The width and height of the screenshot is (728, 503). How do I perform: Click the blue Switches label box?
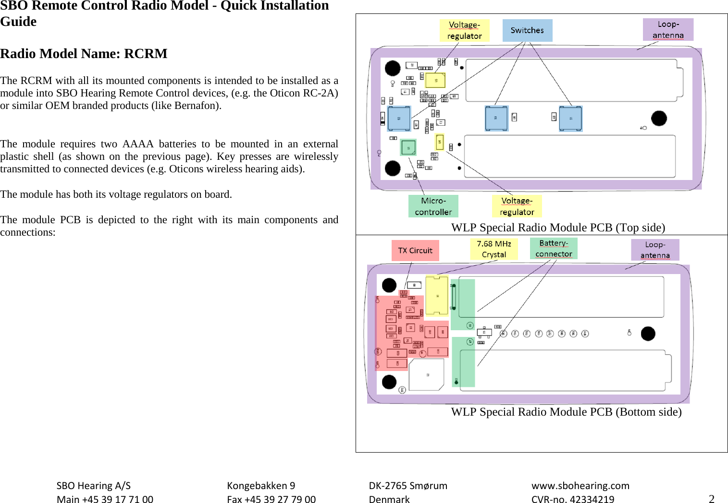527,30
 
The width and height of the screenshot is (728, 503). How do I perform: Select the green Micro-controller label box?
433,206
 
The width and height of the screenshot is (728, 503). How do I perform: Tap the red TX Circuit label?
415,251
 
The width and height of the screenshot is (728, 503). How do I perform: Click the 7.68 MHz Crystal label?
494,249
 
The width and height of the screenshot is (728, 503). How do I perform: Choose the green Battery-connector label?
554,249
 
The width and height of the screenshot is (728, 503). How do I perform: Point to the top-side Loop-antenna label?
668,30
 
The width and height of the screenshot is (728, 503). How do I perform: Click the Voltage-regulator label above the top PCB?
464,30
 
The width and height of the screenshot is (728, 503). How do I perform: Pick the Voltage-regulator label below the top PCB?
517,206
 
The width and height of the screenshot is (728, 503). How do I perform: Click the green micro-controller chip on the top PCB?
408,148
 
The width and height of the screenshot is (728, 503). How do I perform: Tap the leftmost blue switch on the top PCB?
399,119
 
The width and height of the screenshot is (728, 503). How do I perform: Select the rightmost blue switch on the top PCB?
570,119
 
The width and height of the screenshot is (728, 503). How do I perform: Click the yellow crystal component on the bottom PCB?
437,296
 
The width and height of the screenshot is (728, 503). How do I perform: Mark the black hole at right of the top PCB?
659,118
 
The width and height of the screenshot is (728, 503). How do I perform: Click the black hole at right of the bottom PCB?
648,333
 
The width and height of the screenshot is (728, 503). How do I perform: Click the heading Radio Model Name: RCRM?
84,54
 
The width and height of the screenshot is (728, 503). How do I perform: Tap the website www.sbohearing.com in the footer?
580,486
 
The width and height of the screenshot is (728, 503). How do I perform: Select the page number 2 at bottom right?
712,499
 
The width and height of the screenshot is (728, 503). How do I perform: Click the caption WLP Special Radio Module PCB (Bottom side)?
566,412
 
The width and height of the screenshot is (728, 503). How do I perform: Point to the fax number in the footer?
271,499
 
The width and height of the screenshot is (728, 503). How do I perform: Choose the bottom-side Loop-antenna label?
655,250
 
